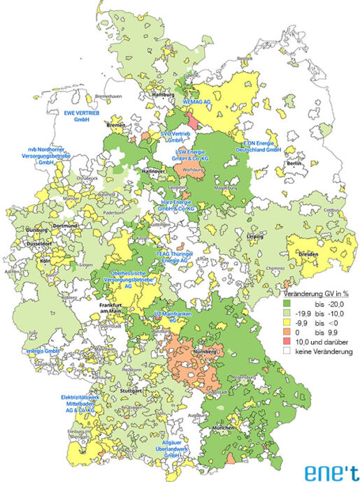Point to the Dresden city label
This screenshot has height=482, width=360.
click(x=308, y=254)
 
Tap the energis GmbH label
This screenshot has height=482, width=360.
click(x=40, y=351)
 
